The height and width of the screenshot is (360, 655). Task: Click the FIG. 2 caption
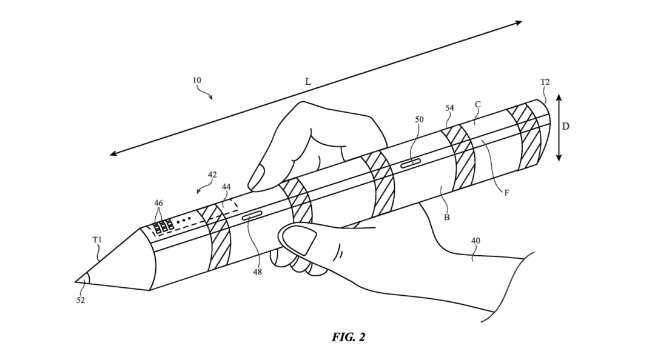pos(348,337)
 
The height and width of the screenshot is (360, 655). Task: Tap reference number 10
pos(196,80)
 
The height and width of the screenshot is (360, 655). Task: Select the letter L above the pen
pos(308,82)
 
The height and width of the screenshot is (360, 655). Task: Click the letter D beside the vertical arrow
pos(566,125)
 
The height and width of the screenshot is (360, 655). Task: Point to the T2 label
pos(545,82)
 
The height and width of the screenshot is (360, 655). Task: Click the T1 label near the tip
pos(97,240)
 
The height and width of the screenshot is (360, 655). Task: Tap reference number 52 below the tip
pos(81,300)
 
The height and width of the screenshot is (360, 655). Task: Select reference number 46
pos(158,203)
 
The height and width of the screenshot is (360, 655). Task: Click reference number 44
pos(226,187)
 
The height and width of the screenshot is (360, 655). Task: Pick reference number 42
pos(212,175)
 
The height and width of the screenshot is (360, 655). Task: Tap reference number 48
pos(257,272)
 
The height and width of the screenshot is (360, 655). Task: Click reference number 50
pos(419,119)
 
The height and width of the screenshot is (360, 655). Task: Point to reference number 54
pos(449,108)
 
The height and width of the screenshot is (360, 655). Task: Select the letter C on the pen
pos(478,104)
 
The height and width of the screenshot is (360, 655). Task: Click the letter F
pos(506,193)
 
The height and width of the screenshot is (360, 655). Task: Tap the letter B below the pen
pos(446,217)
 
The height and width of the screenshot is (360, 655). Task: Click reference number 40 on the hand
pos(475,241)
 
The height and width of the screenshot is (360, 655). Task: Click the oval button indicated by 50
pos(411,163)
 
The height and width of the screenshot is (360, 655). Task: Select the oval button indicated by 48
pos(252,215)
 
